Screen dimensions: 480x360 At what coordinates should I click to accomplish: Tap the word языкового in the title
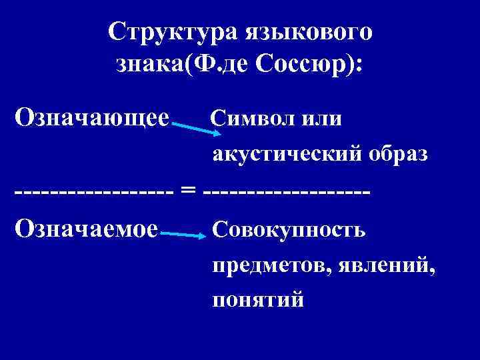coord(309,31)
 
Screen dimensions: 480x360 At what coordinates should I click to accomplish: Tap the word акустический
coord(285,155)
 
